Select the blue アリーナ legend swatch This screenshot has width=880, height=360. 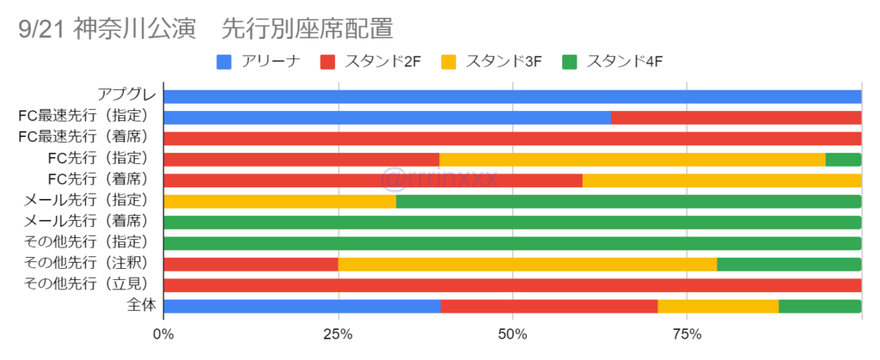pyautogui.click(x=224, y=62)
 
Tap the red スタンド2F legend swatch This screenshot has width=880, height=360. pyautogui.click(x=327, y=62)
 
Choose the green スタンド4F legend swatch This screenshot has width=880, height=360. pyautogui.click(x=569, y=62)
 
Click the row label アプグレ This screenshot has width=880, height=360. pyautogui.click(x=125, y=96)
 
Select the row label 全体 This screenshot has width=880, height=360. pyautogui.click(x=137, y=306)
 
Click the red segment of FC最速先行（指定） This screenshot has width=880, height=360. pyautogui.click(x=736, y=117)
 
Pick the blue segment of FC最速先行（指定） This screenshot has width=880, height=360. pyautogui.click(x=387, y=117)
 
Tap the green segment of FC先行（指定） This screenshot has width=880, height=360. pyautogui.click(x=843, y=159)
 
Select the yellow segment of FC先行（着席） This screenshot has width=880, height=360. pyautogui.click(x=721, y=180)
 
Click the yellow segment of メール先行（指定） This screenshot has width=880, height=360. pyautogui.click(x=279, y=201)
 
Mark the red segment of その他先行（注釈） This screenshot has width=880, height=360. pyautogui.click(x=250, y=264)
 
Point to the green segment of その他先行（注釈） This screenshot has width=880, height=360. pyautogui.click(x=789, y=264)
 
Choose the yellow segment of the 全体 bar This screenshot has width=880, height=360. pyautogui.click(x=718, y=306)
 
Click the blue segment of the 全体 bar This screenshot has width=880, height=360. pyautogui.click(x=302, y=306)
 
